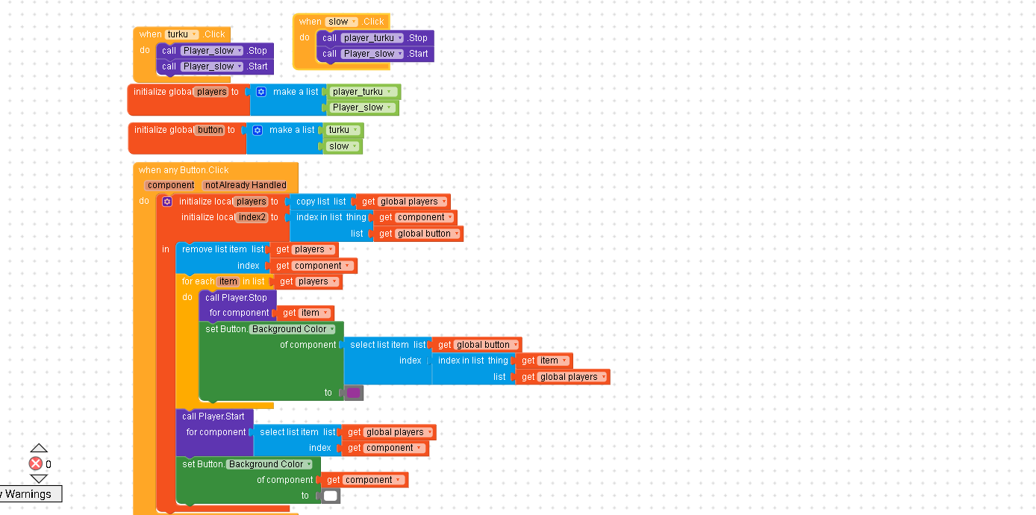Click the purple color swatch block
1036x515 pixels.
[353, 393]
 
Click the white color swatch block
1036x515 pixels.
[331, 496]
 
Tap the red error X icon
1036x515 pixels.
[36, 464]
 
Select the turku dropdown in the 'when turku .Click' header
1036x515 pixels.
[182, 34]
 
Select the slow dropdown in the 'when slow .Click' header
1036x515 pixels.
[342, 22]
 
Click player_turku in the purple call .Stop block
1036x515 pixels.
[372, 38]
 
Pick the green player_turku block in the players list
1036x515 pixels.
[362, 92]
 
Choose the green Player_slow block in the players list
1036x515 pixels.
[362, 107]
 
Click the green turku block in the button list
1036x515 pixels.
[343, 130]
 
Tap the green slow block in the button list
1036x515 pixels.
[343, 146]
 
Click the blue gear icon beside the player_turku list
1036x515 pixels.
[260, 92]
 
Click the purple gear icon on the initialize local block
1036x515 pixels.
[167, 202]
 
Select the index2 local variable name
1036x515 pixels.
[252, 217]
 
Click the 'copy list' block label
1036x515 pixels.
[313, 202]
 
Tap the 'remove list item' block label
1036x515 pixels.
[214, 249]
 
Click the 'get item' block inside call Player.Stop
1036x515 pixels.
[305, 313]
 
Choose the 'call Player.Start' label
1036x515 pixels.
[213, 416]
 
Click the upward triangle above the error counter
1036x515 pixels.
[39, 448]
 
